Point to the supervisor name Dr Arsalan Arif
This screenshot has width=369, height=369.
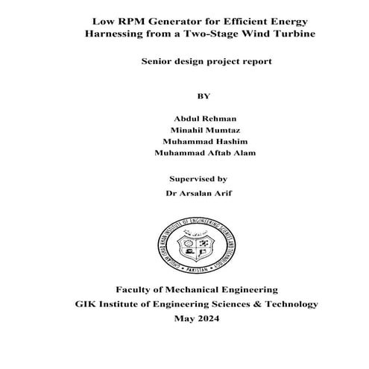coord(198,192)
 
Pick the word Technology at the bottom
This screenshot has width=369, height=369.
coord(289,304)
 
